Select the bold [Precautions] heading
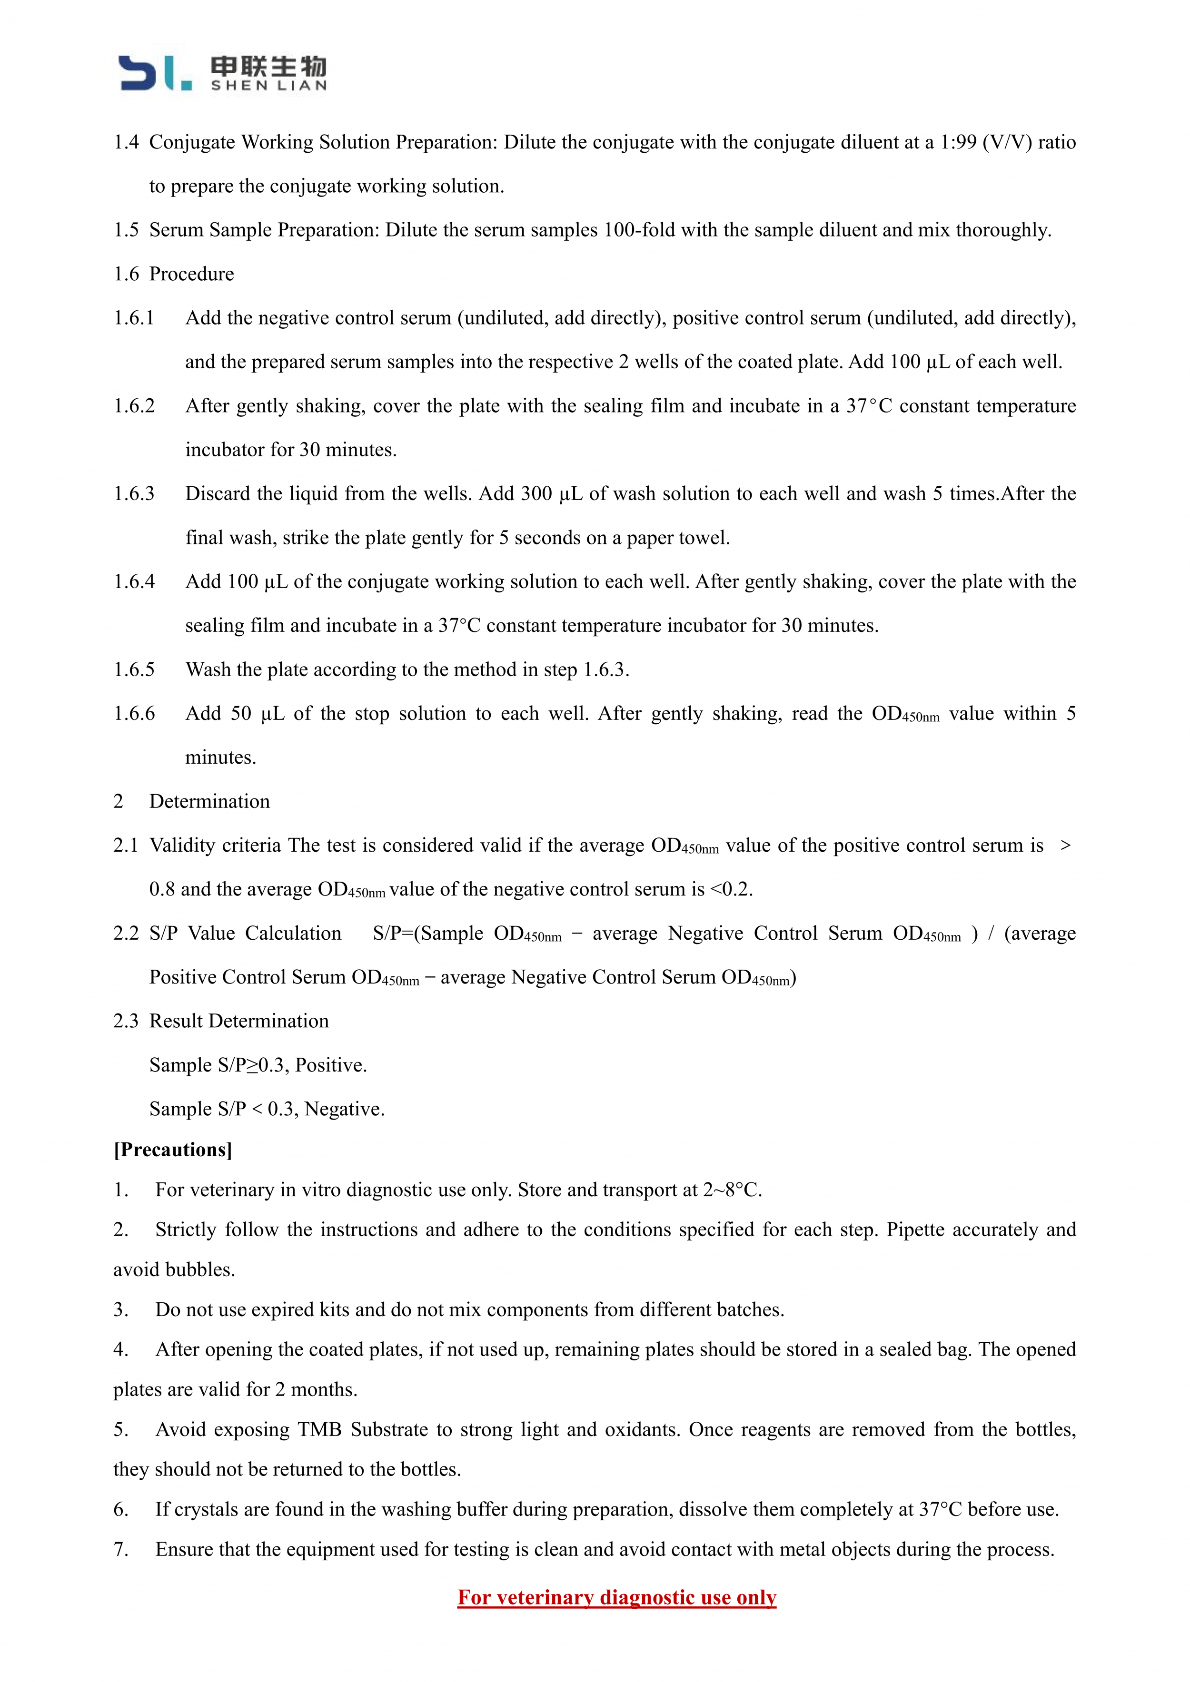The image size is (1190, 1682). click(173, 1150)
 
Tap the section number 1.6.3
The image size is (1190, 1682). click(134, 494)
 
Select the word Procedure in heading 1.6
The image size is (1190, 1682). click(191, 274)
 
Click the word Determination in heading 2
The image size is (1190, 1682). click(209, 801)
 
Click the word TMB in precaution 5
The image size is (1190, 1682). click(319, 1429)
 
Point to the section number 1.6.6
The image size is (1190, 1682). click(134, 714)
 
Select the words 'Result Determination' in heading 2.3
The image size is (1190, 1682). click(239, 1021)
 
